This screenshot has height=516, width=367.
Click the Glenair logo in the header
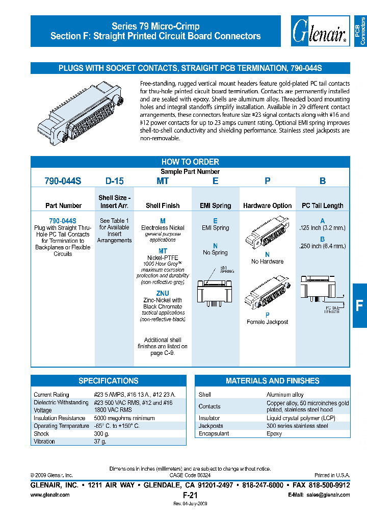[319, 31]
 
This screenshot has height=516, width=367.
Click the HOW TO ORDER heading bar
[190, 161]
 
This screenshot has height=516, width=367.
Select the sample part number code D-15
[114, 181]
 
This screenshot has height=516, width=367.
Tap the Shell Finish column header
[163, 205]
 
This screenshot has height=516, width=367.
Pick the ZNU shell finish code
[163, 294]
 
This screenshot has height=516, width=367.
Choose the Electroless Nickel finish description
[163, 227]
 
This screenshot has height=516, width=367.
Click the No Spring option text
[215, 252]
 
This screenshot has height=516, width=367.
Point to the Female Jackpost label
[267, 322]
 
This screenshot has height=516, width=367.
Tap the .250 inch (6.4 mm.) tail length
[322, 246]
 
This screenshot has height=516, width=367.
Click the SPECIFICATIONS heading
[108, 381]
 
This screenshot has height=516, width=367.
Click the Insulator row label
[209, 418]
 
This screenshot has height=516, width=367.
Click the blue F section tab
[359, 305]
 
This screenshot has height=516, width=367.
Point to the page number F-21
[190, 495]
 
